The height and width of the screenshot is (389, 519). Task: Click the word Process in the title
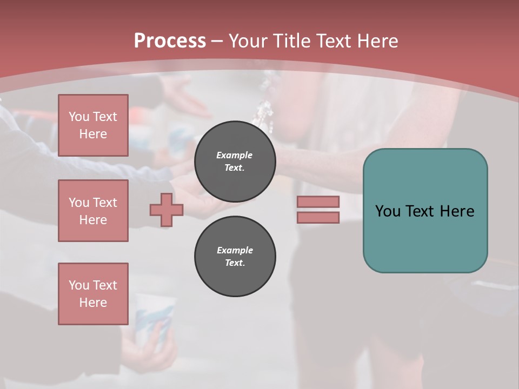170,41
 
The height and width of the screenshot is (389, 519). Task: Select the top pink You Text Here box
93,125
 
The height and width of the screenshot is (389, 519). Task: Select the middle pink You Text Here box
93,211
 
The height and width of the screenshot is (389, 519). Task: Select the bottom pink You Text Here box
93,294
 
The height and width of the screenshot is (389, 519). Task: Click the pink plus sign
167,210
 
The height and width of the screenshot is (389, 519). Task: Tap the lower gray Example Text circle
235,257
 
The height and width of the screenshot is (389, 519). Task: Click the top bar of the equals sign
318,202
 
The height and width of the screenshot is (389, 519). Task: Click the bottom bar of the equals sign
318,217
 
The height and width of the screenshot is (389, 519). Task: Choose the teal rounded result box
425,238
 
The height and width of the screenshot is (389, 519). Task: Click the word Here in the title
375,41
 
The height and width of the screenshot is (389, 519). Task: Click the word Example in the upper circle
235,155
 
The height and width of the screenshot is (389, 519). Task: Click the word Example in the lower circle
235,250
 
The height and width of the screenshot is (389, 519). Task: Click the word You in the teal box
387,211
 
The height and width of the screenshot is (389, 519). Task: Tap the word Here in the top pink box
93,134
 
